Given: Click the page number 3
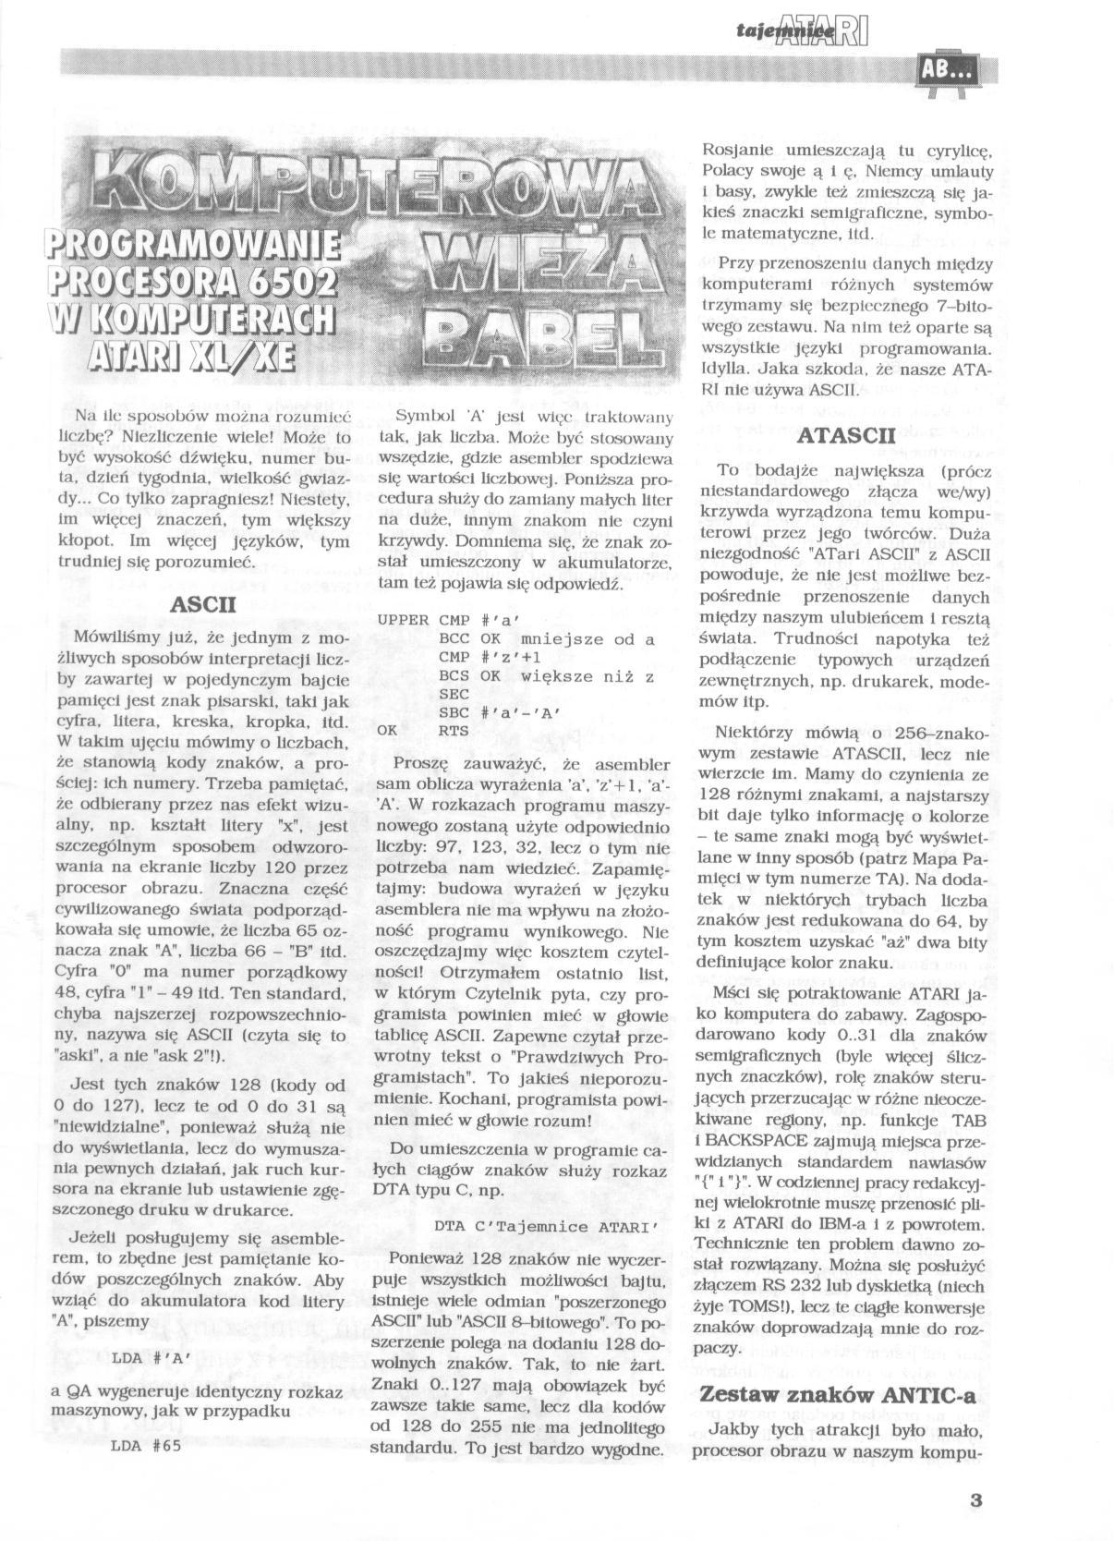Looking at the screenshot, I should (x=975, y=1499).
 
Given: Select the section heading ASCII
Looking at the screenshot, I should (x=205, y=605).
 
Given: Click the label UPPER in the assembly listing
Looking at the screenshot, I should (x=404, y=620).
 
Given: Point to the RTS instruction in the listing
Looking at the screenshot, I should (x=454, y=731).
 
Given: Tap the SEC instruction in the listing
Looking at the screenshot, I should (x=454, y=694).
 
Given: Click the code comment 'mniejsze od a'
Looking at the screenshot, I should (x=587, y=638).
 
